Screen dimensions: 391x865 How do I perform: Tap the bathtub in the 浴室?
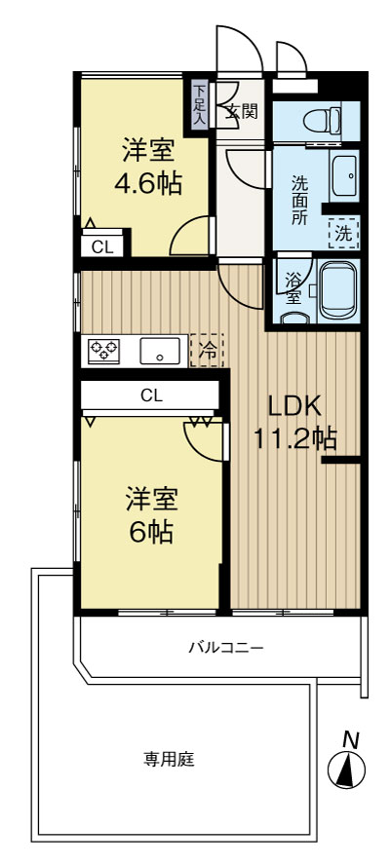(x=338, y=290)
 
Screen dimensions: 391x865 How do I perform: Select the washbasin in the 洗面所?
(x=344, y=176)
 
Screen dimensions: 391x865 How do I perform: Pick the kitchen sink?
(x=160, y=351)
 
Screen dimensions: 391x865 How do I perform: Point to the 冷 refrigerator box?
(x=207, y=351)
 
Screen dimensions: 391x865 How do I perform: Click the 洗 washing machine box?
(x=343, y=234)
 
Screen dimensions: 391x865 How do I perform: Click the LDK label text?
(x=294, y=407)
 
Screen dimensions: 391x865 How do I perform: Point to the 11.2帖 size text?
(x=295, y=439)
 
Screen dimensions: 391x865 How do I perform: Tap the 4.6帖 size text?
(x=148, y=183)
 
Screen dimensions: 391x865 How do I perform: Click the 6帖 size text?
(x=151, y=532)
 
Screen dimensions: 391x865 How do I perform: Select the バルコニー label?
(x=226, y=647)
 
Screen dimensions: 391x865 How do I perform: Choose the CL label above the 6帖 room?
(x=151, y=395)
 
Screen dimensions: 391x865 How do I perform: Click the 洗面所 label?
(x=299, y=198)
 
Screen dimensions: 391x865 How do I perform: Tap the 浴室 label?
(x=293, y=289)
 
